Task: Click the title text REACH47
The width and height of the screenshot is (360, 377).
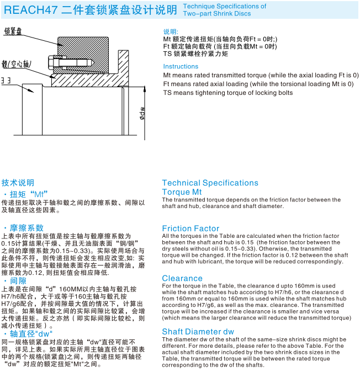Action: click(28, 9)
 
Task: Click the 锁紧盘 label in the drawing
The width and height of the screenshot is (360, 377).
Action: click(14, 32)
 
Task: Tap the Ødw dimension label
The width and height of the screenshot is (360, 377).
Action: click(142, 113)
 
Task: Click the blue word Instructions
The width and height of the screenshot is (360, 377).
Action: click(181, 67)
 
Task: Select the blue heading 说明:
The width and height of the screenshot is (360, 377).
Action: click(171, 32)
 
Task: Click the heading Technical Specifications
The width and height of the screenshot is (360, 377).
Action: click(210, 183)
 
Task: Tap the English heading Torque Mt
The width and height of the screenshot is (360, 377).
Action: click(182, 192)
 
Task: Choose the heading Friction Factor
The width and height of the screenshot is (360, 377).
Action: click(190, 229)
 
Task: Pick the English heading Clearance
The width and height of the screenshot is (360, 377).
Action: click(182, 278)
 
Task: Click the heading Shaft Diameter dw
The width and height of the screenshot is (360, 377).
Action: click(198, 332)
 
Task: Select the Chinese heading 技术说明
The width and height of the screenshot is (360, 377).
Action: click(18, 183)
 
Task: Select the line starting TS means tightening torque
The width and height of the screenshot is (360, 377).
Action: click(228, 93)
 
